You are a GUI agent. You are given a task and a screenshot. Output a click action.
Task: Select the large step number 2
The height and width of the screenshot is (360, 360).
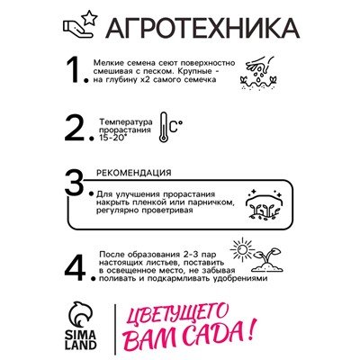pyautogui.click(x=80, y=130)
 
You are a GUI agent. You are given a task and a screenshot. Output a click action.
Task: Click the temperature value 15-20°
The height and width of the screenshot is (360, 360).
pyautogui.click(x=113, y=139)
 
